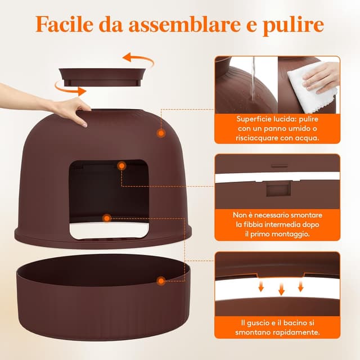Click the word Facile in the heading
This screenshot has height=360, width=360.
point(65,24)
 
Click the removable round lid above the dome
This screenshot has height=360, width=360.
point(102,77)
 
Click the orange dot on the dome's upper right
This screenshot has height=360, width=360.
point(161,133)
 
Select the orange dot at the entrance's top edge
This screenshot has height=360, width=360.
point(121,166)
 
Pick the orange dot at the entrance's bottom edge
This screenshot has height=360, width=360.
point(107,218)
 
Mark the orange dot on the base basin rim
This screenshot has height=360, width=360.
point(161,281)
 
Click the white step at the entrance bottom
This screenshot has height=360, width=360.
point(109,230)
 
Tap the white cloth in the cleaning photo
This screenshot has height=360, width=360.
point(311,87)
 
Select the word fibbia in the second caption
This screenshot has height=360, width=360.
point(253,224)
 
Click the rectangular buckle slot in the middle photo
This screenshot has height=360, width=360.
point(278,189)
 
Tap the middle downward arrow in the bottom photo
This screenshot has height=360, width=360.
point(281,289)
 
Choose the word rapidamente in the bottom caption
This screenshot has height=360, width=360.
point(296,332)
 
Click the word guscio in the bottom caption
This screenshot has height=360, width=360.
point(258,323)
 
